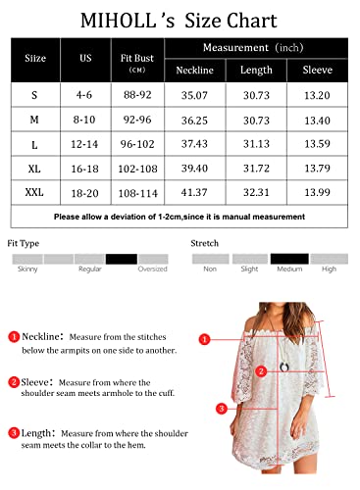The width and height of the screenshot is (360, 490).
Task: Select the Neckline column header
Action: pos(194,70)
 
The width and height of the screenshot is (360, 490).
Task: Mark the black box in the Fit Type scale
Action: pos(122,259)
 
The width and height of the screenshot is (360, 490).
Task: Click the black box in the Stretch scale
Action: pos(288,259)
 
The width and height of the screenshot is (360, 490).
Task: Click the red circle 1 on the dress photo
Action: pos(205,340)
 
